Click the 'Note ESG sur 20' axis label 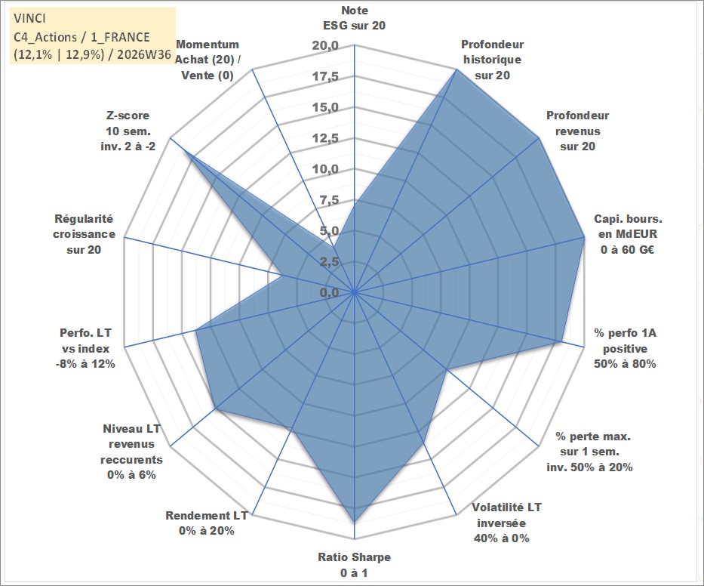pyautogui.click(x=354, y=18)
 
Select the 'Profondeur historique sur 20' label pyautogui.click(x=492, y=60)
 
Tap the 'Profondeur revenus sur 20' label pyautogui.click(x=577, y=131)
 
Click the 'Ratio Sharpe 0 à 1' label pyautogui.click(x=354, y=565)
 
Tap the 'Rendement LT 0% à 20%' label pyautogui.click(x=207, y=523)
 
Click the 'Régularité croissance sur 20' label pyautogui.click(x=84, y=234)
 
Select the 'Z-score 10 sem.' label pyautogui.click(x=128, y=131)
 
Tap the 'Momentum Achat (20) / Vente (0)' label pyautogui.click(x=208, y=60)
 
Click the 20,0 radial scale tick pyautogui.click(x=325, y=46)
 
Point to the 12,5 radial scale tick pyautogui.click(x=325, y=138)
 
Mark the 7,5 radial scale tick pyautogui.click(x=329, y=200)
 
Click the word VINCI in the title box pyautogui.click(x=29, y=18)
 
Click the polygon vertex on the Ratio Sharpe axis pyautogui.click(x=354, y=522)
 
